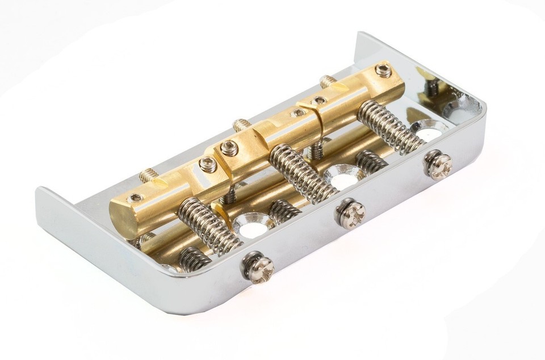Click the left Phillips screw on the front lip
(259, 267)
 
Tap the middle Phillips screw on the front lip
(350, 213)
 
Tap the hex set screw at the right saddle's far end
(384, 71)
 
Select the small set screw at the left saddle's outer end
(136, 198)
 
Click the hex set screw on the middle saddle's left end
(229, 149)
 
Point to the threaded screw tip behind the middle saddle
(241, 125)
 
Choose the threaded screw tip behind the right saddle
(328, 81)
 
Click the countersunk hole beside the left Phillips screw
(250, 228)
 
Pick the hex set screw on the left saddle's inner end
(208, 165)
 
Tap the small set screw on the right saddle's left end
(320, 101)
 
